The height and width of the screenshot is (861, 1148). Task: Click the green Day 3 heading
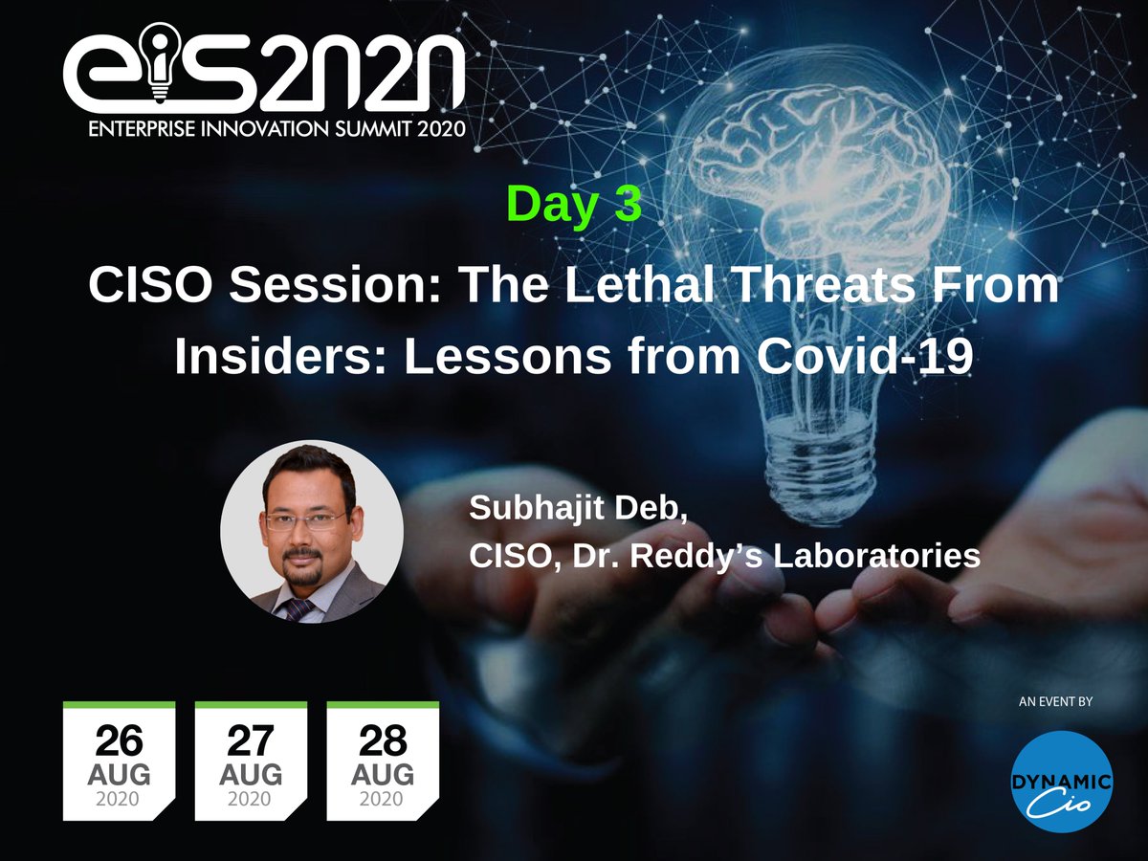point(574,204)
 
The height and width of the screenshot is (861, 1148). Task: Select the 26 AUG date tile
point(119,761)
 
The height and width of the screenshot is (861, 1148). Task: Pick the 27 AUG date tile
point(251,761)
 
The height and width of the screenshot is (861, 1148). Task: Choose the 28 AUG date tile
point(383,761)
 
